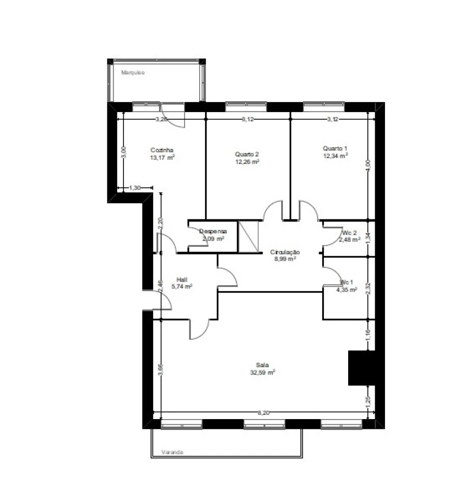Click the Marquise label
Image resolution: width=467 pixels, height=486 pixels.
[133, 73]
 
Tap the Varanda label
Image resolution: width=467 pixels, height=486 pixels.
[172, 452]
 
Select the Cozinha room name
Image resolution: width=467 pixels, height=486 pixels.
[161, 149]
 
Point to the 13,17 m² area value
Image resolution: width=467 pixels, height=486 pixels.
[161, 157]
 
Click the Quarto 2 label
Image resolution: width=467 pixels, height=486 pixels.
[246, 154]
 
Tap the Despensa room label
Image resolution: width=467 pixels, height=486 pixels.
[213, 232]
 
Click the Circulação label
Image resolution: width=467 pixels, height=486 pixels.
[285, 252]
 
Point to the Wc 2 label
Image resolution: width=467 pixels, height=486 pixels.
[349, 232]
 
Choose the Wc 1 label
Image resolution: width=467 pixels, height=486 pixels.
[346, 282]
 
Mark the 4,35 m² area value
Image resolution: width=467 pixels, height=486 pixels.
[346, 290]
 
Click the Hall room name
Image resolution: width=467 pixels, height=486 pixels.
[182, 279]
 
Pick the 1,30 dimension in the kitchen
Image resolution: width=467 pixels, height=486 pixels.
[134, 188]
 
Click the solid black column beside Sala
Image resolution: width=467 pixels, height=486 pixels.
[361, 368]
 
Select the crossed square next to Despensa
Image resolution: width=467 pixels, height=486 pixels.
[248, 237]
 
